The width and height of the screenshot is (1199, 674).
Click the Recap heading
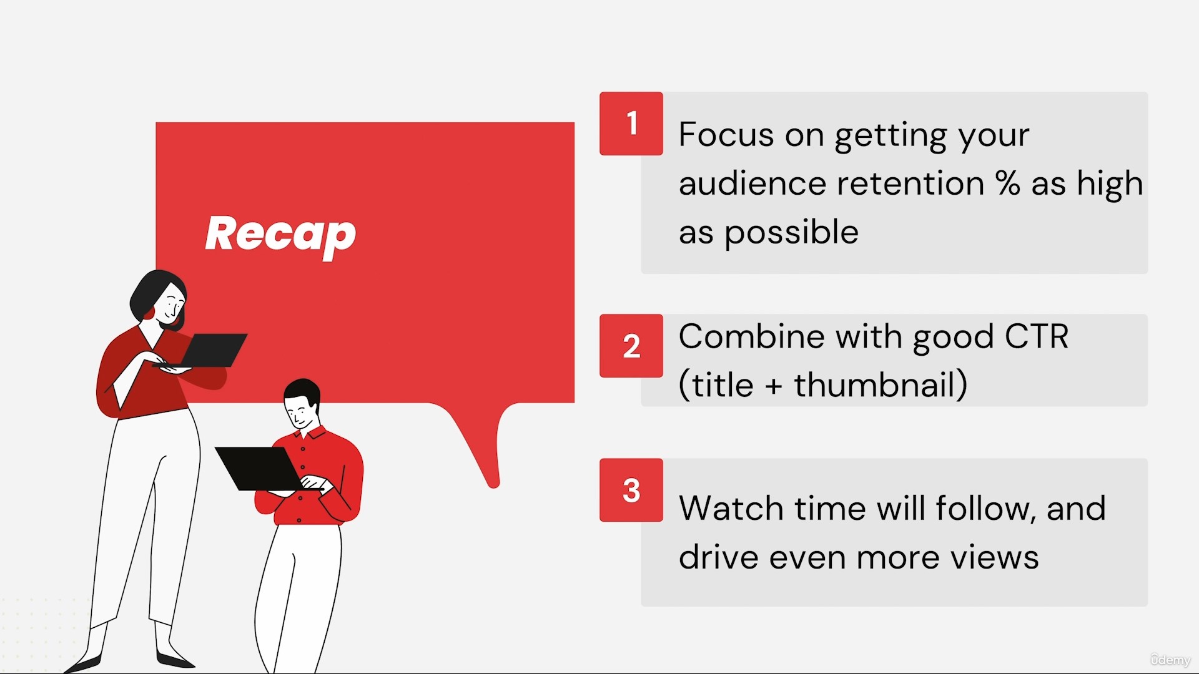point(280,235)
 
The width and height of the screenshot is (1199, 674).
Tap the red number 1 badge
point(631,124)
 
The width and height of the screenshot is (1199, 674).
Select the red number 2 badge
point(631,346)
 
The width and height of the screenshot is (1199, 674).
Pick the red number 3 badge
point(631,490)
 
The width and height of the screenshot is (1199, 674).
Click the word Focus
point(726,134)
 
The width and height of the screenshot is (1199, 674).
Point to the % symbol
point(1007,183)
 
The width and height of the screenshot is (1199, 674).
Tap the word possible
point(792,233)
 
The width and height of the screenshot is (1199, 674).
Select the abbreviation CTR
point(1037,337)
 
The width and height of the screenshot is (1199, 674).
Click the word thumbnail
point(875,384)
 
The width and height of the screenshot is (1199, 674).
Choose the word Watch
point(731,508)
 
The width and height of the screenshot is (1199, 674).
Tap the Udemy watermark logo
point(1170,660)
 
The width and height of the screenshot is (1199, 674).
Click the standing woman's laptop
point(209,351)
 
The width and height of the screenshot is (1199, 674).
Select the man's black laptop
point(260,469)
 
